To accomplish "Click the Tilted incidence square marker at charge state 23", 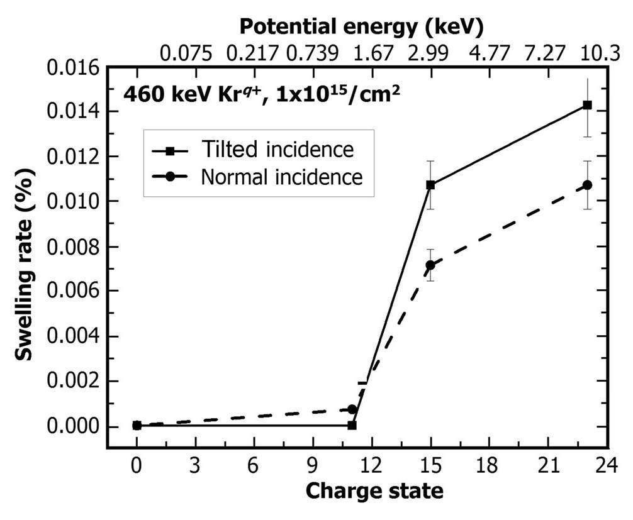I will coord(587,105).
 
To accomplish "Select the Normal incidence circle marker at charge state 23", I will coord(587,185).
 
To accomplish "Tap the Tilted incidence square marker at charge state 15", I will coord(430,185).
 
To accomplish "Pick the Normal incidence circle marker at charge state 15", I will coord(430,265).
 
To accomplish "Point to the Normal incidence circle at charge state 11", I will coord(352,409).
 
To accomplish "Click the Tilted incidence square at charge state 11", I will coord(352,425).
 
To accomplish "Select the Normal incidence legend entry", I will coord(281,177).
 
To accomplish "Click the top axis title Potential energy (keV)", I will coord(361,26).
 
